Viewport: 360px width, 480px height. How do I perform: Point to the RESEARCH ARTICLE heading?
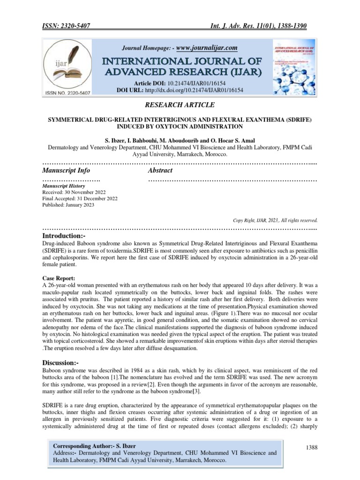(180, 105)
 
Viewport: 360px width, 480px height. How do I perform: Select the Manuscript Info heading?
(66, 170)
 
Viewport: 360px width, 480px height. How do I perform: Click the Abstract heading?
(160, 170)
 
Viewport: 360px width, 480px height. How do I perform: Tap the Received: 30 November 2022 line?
(74, 192)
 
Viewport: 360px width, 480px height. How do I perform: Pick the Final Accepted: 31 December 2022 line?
(80, 199)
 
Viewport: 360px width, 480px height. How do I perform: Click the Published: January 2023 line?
(68, 205)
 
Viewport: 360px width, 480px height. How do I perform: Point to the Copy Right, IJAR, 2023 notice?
(275, 219)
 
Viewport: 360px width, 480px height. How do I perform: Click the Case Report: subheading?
(59, 278)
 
